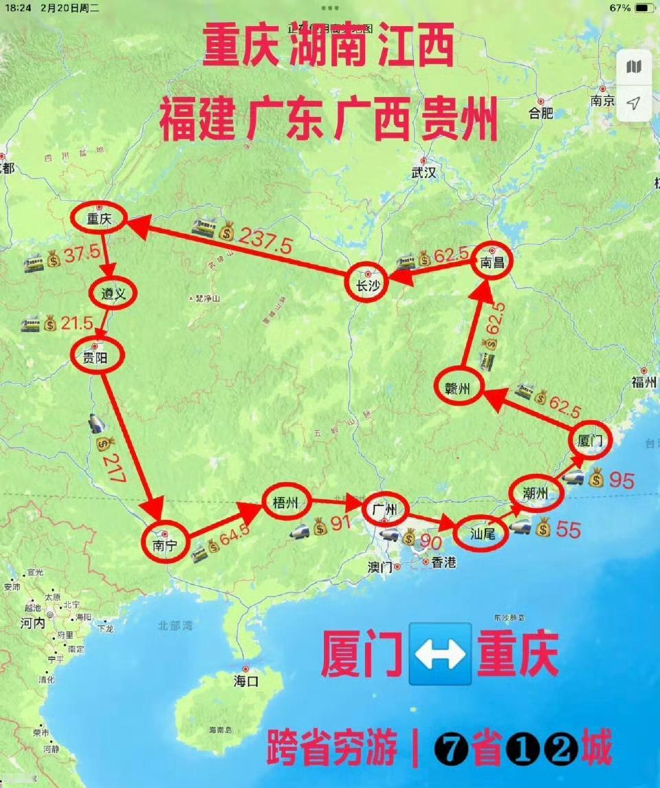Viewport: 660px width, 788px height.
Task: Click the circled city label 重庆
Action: (x=99, y=219)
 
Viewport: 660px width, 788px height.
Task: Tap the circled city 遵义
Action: (x=113, y=294)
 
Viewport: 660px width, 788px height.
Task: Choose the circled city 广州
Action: (x=384, y=510)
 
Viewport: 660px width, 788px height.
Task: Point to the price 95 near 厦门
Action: (x=621, y=480)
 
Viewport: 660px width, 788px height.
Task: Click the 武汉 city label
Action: (x=423, y=173)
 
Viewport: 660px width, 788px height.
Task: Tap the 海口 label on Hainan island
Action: (x=245, y=682)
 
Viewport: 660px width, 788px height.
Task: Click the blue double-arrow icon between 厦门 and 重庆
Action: (x=440, y=654)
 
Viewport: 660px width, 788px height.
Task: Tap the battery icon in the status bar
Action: (x=644, y=8)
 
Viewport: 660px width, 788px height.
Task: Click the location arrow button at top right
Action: (x=633, y=103)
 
